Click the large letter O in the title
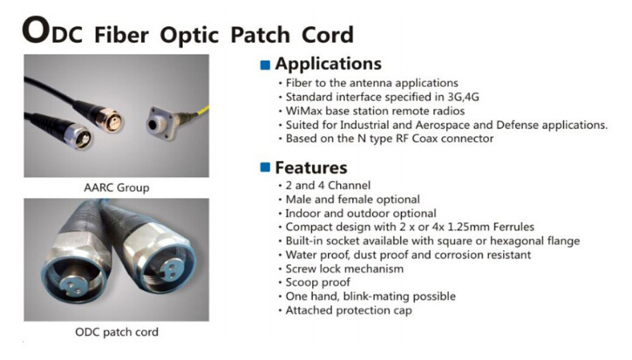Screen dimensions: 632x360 [36, 30]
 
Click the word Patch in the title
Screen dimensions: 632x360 [260, 35]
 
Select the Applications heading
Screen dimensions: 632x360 [328, 64]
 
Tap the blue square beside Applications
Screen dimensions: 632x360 [265, 65]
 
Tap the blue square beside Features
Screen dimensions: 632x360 [265, 167]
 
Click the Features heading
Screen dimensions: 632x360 [310, 167]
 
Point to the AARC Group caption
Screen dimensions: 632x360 [117, 188]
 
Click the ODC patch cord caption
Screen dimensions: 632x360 [117, 332]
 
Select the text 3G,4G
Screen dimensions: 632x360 [463, 97]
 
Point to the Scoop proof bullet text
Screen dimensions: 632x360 [317, 282]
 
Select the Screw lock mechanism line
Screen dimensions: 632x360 [344, 268]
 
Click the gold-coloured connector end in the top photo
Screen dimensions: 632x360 [110, 119]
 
